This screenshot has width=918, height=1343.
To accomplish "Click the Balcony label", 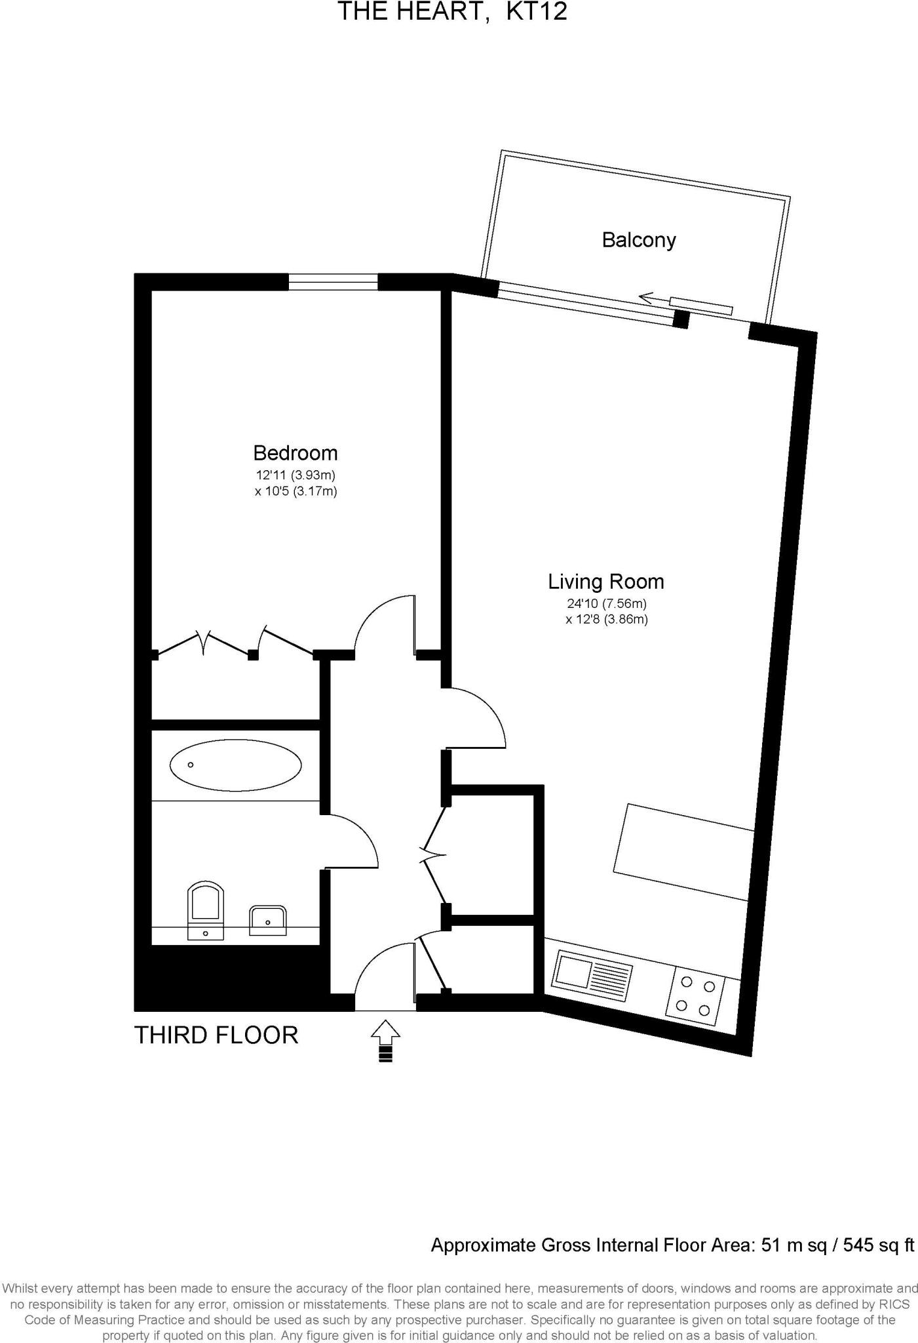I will (x=638, y=240).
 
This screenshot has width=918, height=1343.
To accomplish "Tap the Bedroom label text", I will (x=296, y=453).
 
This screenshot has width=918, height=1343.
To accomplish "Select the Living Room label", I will (x=606, y=582).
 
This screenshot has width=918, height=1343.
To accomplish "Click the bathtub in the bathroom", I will (x=235, y=765).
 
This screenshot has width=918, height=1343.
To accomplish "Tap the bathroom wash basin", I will (x=268, y=921).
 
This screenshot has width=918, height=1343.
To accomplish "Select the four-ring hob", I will (x=696, y=996).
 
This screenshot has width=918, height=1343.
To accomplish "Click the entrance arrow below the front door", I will (x=385, y=1039).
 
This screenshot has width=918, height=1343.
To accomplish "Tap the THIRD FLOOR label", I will (x=216, y=1035).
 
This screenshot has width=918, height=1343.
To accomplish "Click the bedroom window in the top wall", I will (x=334, y=282).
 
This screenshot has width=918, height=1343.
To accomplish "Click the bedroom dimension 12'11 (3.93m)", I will (x=296, y=475).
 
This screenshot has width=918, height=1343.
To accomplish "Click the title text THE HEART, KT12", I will (x=451, y=11).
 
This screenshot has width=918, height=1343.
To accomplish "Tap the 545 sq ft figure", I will (x=878, y=1245).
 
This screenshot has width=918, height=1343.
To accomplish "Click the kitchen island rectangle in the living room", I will (x=684, y=851).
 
